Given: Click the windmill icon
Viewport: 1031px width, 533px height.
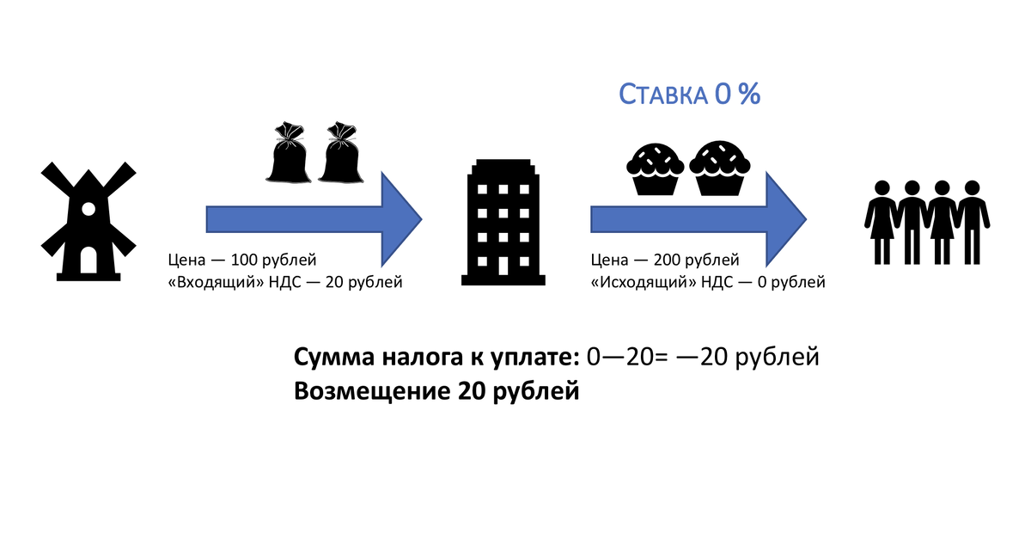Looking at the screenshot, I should (x=88, y=218).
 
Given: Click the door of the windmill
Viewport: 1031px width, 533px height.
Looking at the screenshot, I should (x=88, y=260).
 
